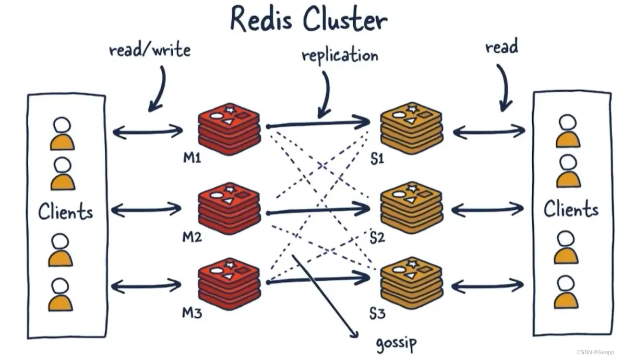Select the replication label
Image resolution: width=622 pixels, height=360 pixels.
coord(340,55)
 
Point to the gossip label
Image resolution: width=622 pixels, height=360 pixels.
coord(396,343)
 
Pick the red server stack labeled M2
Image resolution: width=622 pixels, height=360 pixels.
coord(229,208)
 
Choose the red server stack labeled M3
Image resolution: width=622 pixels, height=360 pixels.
coord(229,284)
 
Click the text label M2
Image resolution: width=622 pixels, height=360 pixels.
coord(192,237)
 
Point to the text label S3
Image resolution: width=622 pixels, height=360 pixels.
coord(377,314)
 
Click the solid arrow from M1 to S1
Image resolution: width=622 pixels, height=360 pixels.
coord(318,124)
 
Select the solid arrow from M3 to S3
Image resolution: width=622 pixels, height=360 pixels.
coord(318,280)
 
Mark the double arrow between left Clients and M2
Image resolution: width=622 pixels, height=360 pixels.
coord(147,210)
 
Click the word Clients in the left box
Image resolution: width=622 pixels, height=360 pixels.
coord(66,212)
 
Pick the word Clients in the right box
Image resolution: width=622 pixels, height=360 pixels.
coord(571,209)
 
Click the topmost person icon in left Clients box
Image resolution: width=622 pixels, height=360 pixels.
coord(62,134)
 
